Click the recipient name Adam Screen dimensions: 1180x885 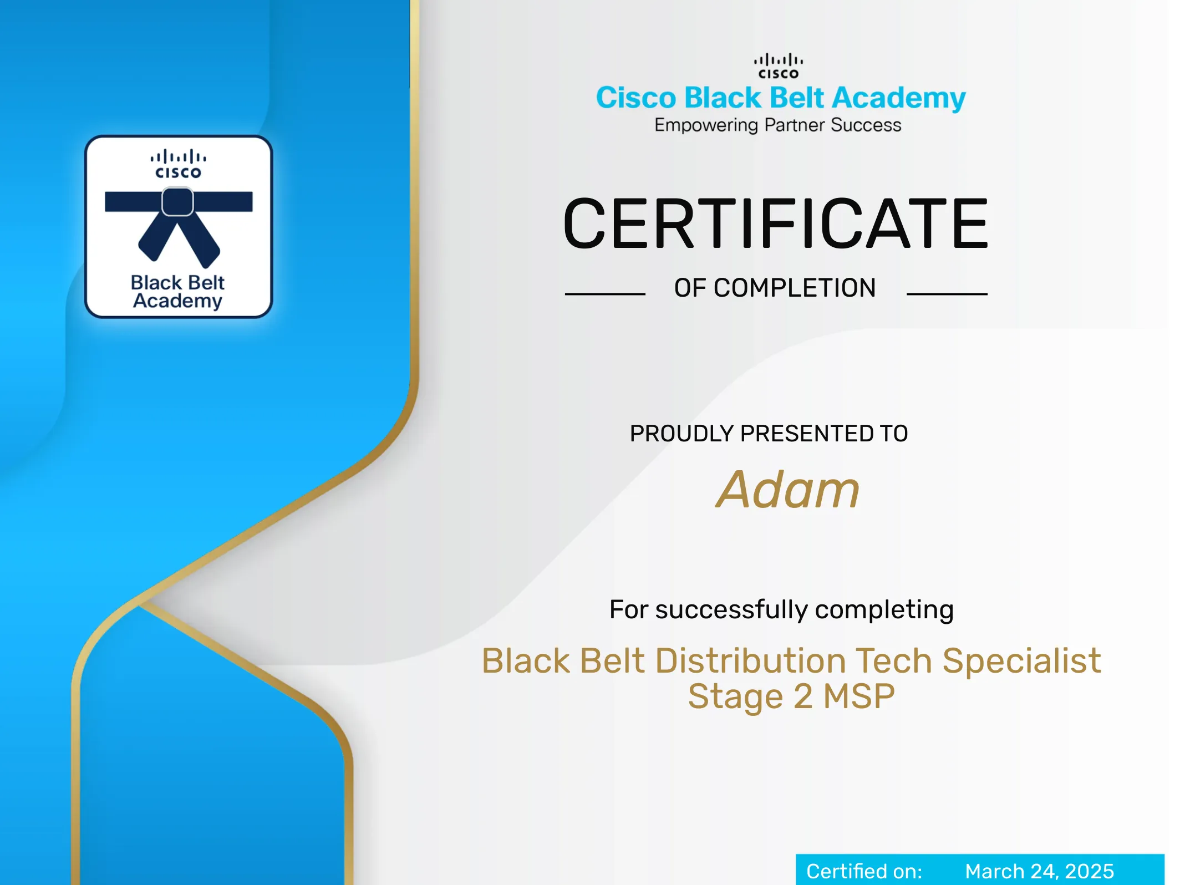point(787,490)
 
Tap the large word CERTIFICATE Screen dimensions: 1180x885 point(776,223)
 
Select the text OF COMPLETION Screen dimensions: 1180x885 point(775,288)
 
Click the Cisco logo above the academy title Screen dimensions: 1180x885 point(778,66)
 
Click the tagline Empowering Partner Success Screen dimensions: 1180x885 point(777,125)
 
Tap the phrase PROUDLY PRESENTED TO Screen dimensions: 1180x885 point(769,434)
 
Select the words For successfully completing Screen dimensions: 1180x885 point(781,610)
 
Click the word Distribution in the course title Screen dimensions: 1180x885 point(751,661)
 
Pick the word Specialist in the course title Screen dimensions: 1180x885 point(1021,662)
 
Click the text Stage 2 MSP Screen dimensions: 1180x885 point(791,696)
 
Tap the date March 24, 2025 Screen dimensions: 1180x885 point(1039,871)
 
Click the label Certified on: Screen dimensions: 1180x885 point(864,871)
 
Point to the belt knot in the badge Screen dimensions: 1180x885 point(177,201)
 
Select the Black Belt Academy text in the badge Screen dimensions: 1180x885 point(177,292)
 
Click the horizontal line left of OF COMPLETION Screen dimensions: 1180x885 point(605,294)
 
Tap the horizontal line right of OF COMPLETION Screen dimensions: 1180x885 point(947,294)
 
